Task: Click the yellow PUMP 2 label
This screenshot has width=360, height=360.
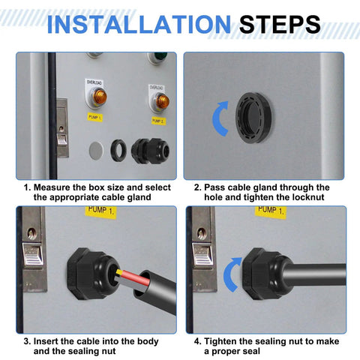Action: tap(158, 120)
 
